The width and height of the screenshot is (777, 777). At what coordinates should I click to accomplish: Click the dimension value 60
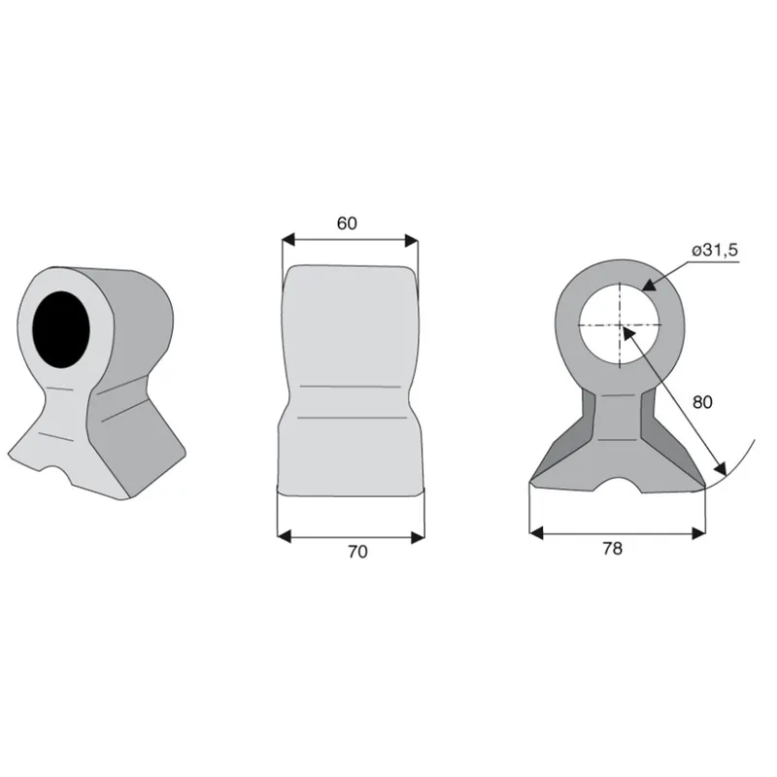pos(347,223)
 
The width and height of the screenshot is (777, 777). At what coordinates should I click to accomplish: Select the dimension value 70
pos(357,552)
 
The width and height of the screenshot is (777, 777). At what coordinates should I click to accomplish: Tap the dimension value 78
pos(613,549)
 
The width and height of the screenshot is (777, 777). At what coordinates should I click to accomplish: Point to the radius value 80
pos(702,402)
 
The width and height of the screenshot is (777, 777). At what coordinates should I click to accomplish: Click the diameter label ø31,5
pos(715,251)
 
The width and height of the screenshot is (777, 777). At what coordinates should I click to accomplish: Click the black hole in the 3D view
pos(61,329)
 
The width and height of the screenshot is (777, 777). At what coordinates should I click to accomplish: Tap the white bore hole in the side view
pos(620,325)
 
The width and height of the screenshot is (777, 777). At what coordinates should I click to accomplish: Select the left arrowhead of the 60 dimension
pos(288,241)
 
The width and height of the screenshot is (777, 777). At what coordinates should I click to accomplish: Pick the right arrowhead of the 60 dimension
pos(411,241)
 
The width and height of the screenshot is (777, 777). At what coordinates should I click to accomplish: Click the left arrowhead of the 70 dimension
pos(284,536)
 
